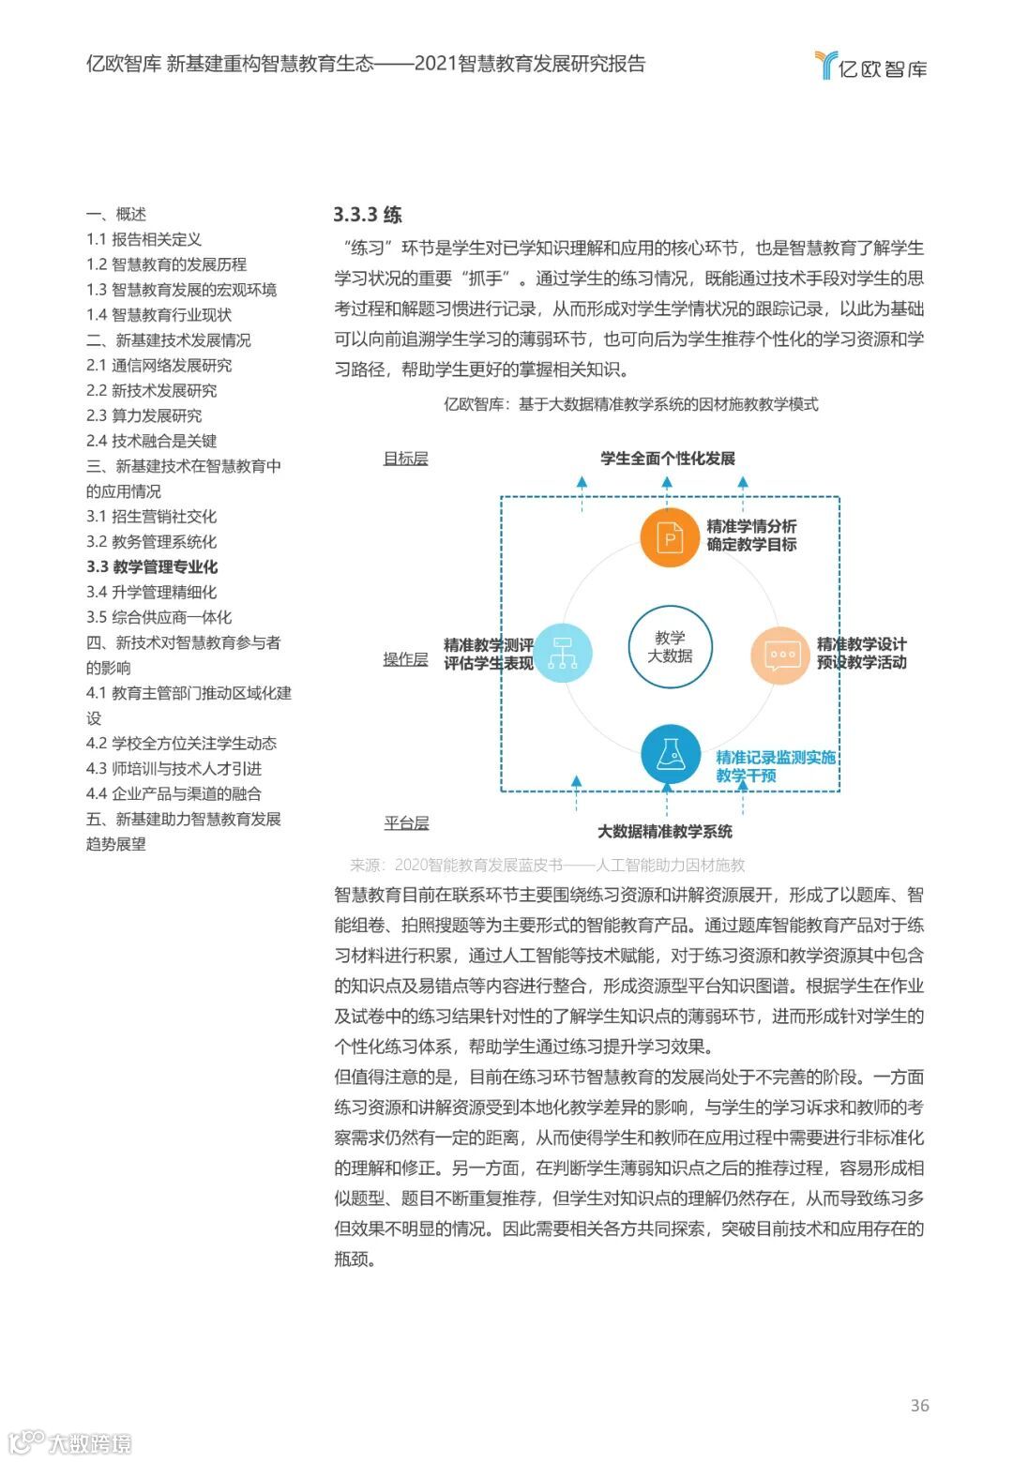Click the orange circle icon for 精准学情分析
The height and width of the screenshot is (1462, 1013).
671,537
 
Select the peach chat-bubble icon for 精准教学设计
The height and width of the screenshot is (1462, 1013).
780,655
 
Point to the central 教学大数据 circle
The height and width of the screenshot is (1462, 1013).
670,646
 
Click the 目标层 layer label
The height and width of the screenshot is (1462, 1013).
405,459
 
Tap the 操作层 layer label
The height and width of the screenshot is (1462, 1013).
405,659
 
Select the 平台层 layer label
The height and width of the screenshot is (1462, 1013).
406,823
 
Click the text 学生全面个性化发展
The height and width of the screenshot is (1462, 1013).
668,459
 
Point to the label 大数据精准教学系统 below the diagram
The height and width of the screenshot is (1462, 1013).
665,831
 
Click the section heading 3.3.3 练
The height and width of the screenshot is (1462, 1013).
368,215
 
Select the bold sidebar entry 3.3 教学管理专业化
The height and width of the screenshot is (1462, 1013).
152,566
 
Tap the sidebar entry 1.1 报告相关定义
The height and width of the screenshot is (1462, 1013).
144,239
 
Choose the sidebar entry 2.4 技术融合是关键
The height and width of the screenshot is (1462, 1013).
152,441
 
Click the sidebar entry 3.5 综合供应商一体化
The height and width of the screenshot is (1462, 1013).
159,617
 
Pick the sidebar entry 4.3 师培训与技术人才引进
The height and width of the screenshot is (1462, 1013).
174,768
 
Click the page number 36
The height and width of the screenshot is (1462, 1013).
919,1405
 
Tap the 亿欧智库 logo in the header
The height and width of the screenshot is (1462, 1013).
870,67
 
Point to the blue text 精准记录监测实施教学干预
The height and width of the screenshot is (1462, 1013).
775,766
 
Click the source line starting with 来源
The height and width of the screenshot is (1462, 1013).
547,865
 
